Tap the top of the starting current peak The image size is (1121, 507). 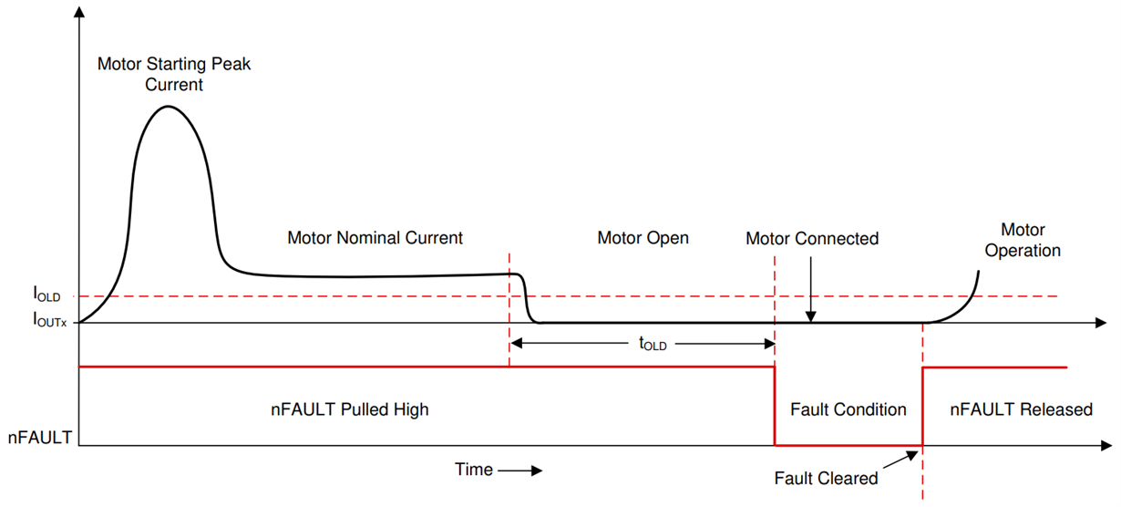coord(167,108)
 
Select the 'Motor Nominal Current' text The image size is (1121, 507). coord(375,238)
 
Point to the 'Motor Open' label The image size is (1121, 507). coord(643,238)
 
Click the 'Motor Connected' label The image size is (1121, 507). coord(811,239)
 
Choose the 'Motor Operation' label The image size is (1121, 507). coord(1023,240)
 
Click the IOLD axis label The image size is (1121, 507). coord(46,295)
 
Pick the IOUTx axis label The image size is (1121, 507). coord(50,320)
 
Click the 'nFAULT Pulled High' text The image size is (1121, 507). coord(349,409)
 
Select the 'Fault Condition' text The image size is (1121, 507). coord(848,409)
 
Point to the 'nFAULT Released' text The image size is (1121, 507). coord(1021,409)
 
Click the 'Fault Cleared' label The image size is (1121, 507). coord(826,478)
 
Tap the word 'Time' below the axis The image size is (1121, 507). coord(473,470)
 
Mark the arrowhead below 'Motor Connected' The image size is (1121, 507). coord(810,316)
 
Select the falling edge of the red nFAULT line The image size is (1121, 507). coord(775,406)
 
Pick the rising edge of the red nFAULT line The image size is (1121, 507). coord(923,406)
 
